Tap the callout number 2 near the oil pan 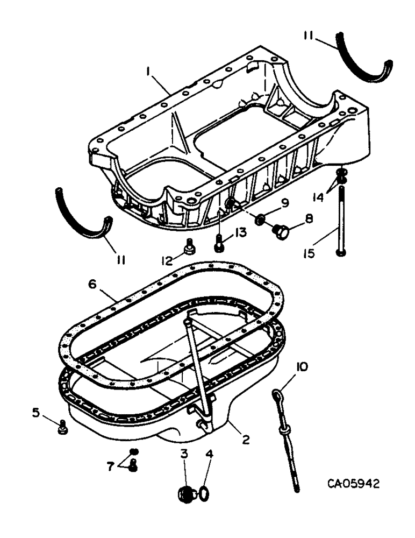coord(246,440)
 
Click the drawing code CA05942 coord(353,484)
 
